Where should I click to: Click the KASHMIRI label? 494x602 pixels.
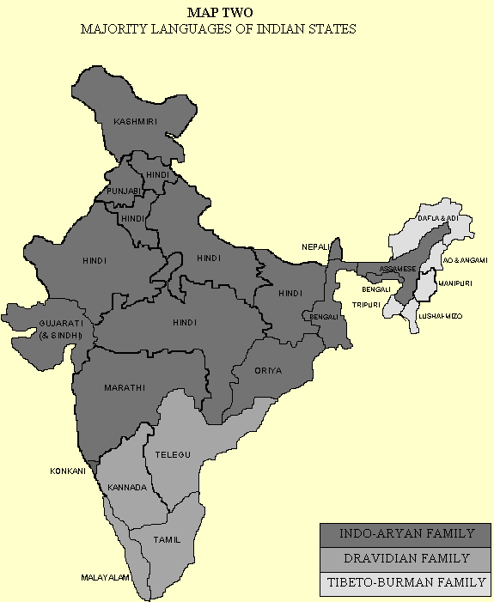coord(136,123)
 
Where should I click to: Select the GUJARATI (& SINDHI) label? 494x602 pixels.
coord(59,329)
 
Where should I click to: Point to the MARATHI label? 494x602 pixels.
coord(125,388)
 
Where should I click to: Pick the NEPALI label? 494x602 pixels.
coord(315,247)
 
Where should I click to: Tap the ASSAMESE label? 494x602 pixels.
coord(398,269)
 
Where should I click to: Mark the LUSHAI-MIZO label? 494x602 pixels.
coord(439,316)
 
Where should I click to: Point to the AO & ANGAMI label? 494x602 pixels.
coord(464,259)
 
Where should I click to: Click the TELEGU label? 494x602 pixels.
coord(172,453)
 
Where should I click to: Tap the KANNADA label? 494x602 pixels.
coord(125,488)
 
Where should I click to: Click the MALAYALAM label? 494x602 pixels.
coord(106,578)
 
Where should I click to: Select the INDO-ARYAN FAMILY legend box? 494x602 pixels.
coord(406,534)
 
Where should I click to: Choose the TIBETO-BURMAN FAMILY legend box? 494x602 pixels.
coord(406,584)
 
